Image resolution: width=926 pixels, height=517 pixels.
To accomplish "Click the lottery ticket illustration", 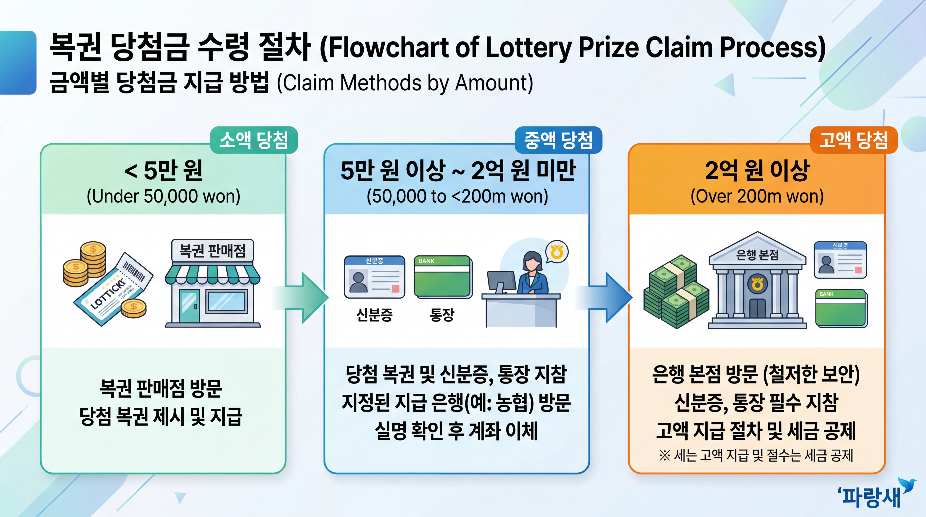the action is click(113, 289).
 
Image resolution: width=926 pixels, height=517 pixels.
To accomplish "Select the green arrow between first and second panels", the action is click(302, 298).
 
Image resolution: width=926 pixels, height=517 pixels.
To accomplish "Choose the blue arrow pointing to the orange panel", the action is click(606, 298).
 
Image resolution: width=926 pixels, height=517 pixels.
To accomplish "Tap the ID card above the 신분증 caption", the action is click(374, 277).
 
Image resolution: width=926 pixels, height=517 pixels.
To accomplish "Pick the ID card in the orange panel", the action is click(840, 260).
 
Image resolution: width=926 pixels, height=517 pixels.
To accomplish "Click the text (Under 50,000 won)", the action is click(164, 196).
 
